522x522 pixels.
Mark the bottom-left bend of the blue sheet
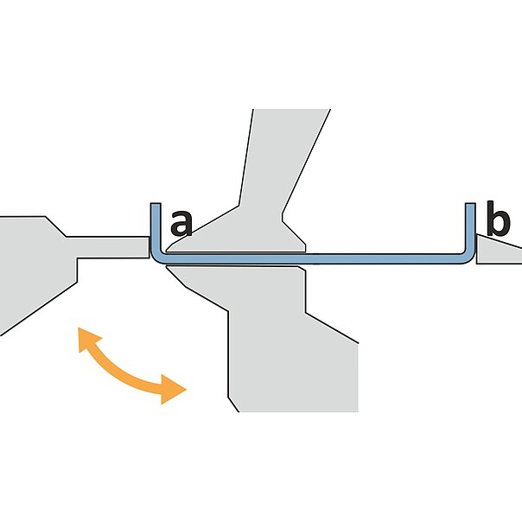coord(157,255)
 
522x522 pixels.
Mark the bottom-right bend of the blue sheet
coord(468,255)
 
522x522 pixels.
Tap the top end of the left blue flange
coord(155,207)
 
